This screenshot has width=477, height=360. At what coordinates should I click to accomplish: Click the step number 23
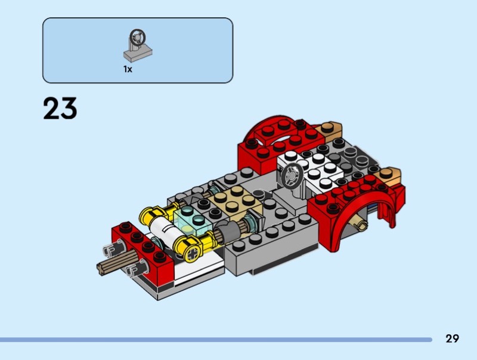pos(60,108)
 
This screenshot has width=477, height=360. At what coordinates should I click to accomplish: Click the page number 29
pos(452,339)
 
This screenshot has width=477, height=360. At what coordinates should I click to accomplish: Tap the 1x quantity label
pos(128,69)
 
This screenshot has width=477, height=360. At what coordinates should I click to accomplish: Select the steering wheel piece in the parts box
pos(138,45)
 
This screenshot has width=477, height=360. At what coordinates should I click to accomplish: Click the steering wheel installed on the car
pos(292,176)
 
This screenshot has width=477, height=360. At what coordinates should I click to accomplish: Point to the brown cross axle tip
pos(100,269)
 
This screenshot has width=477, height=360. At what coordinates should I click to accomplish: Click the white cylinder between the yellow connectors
pos(163,229)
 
